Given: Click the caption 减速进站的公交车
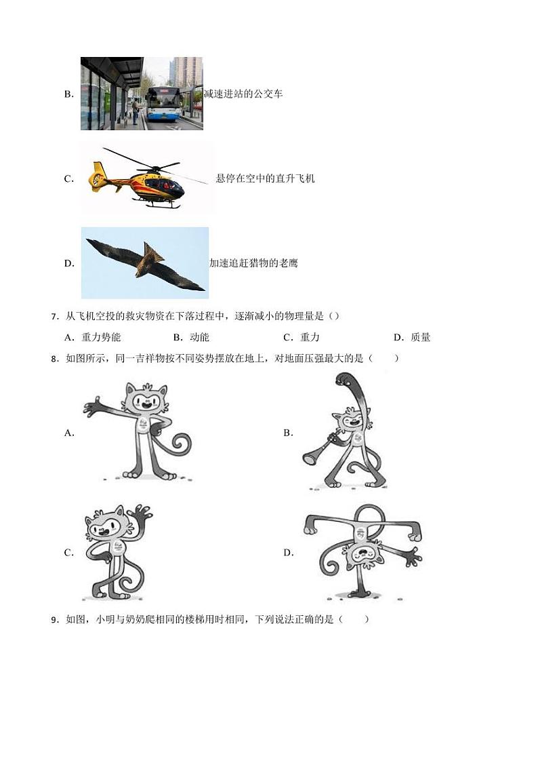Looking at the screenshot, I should pyautogui.click(x=243, y=94).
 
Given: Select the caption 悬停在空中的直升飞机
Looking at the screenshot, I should pyautogui.click(x=265, y=178).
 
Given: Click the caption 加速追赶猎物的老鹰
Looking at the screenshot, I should pyautogui.click(x=253, y=263).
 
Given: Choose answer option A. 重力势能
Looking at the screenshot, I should pyautogui.click(x=92, y=337).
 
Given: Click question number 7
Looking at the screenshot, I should pyautogui.click(x=54, y=317).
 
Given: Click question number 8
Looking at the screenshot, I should pyautogui.click(x=54, y=359).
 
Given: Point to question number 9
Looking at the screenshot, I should pyautogui.click(x=54, y=619).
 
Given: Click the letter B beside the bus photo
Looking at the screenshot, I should pyautogui.click(x=68, y=94).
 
